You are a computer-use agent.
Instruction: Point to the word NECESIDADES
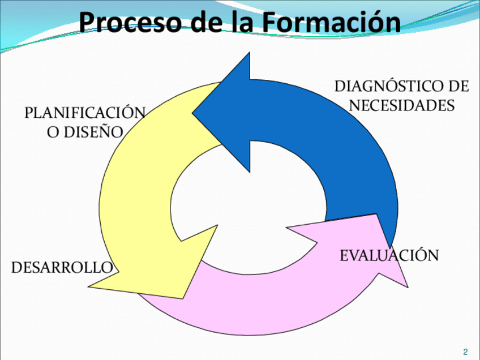402,105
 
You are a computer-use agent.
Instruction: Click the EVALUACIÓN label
389,255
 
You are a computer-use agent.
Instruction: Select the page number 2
465,352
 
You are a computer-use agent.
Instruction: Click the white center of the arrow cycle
249,204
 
